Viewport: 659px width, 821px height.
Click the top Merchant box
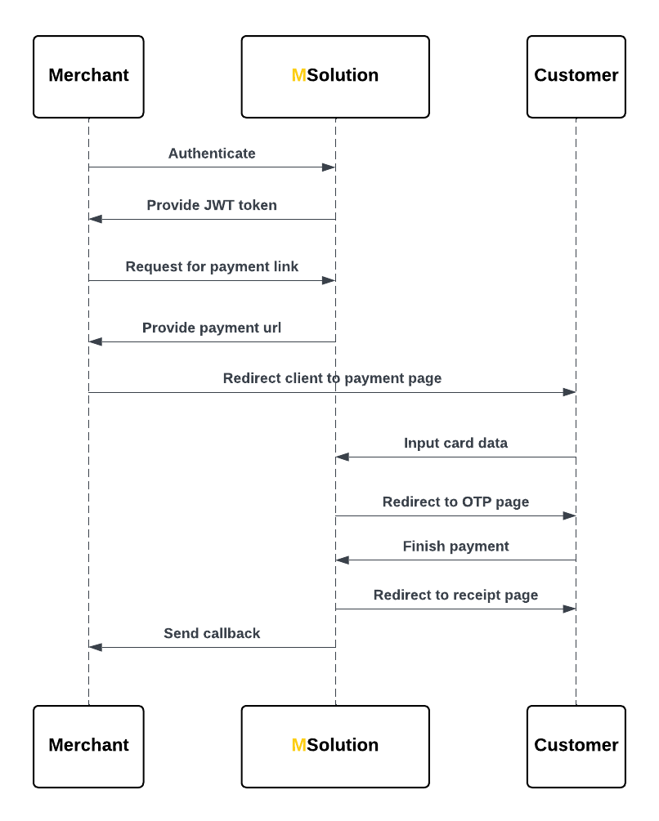[x=88, y=76]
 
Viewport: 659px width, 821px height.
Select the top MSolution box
[x=335, y=76]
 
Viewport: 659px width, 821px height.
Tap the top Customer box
[x=576, y=76]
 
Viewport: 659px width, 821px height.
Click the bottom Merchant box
[x=88, y=746]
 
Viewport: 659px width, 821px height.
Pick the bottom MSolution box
[x=335, y=746]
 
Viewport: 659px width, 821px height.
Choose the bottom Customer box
[x=576, y=746]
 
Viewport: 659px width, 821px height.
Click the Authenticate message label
[x=212, y=154]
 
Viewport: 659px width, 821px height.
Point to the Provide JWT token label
[x=212, y=205]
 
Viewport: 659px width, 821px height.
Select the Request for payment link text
[x=212, y=267]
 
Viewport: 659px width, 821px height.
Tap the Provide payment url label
[x=212, y=328]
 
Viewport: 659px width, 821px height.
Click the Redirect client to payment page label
[x=332, y=378]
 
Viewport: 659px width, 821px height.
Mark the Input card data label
[x=455, y=443]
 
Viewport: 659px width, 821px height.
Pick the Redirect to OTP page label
[x=455, y=502]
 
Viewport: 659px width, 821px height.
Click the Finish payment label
[x=455, y=546]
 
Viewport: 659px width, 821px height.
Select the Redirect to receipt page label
[x=455, y=595]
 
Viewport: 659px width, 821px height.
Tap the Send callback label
[x=212, y=633]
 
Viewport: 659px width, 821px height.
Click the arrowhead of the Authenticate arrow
[x=328, y=167]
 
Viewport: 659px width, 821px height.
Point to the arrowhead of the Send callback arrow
[x=96, y=647]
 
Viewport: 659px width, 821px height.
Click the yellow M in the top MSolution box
[x=298, y=76]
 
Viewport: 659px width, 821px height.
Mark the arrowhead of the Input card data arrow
[x=343, y=457]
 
